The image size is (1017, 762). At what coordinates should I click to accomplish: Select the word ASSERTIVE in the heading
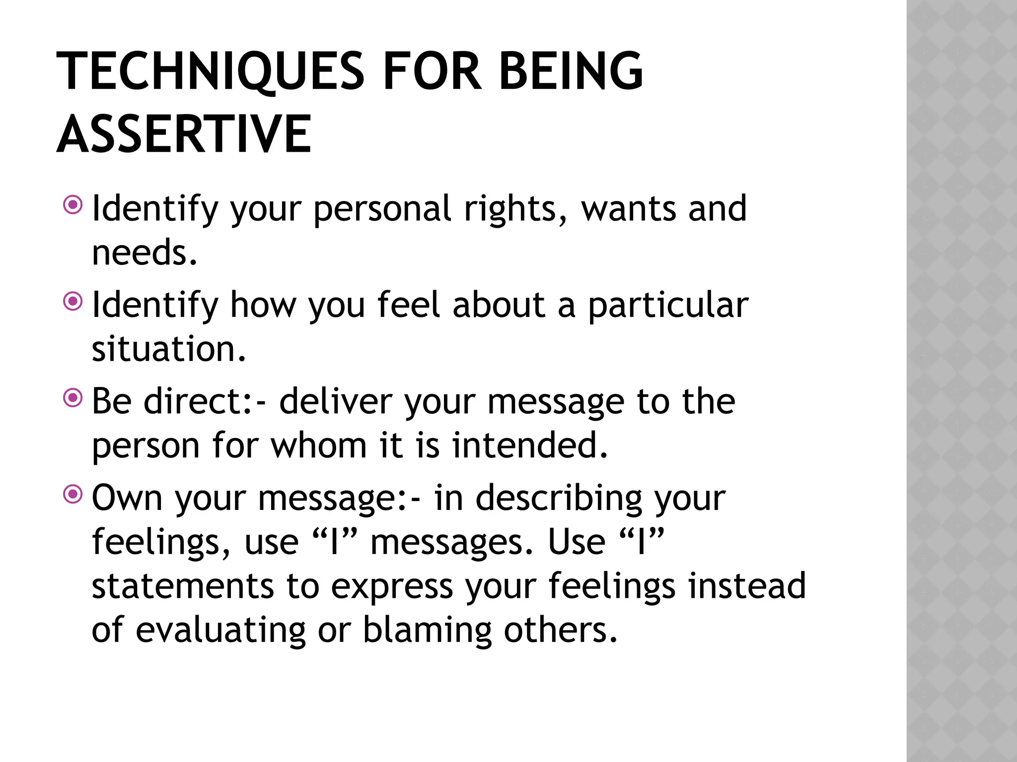(x=184, y=134)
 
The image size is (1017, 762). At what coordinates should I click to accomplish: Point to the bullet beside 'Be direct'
(x=73, y=397)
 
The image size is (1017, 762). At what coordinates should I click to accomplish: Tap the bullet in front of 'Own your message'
(x=73, y=494)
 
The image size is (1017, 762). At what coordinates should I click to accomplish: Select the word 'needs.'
(x=145, y=253)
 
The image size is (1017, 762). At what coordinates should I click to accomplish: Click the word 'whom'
(x=318, y=445)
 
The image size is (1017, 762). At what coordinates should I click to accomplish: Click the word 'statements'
(x=183, y=586)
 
